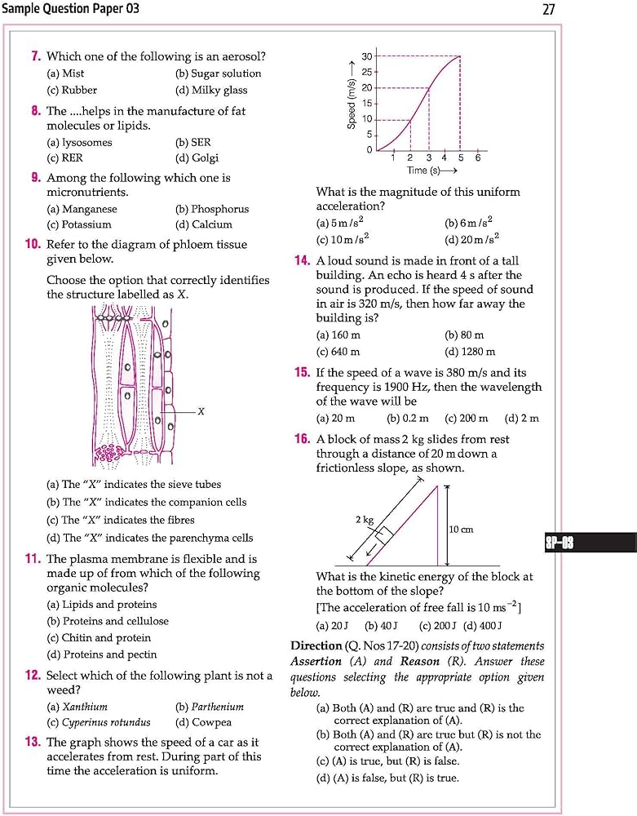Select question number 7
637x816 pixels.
(x=36, y=56)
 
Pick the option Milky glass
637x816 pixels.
(x=211, y=91)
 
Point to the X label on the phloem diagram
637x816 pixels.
(x=201, y=411)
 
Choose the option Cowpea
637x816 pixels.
(x=204, y=722)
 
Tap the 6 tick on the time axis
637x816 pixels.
(x=478, y=157)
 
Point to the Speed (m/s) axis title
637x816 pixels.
(x=352, y=96)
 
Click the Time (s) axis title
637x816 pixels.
(x=431, y=171)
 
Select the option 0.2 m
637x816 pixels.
(x=408, y=419)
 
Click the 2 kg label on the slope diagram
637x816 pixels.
(x=364, y=519)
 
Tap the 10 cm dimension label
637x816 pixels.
(x=461, y=530)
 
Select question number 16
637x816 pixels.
(x=302, y=439)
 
